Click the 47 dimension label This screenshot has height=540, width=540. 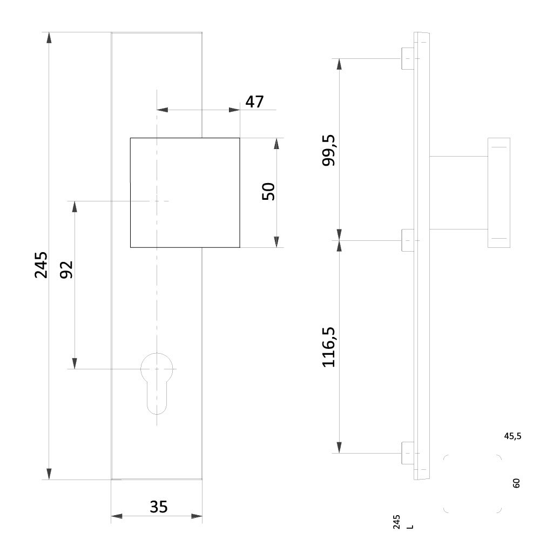click(x=254, y=102)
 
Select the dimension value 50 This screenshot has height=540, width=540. click(x=268, y=192)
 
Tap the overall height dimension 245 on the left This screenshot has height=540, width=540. click(x=41, y=265)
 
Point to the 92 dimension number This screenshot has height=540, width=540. click(x=66, y=269)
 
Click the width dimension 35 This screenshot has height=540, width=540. click(x=158, y=507)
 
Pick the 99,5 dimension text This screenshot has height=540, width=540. click(x=329, y=150)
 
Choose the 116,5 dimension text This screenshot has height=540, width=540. click(x=329, y=347)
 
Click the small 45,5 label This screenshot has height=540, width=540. click(x=512, y=436)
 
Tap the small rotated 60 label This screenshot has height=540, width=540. click(x=516, y=483)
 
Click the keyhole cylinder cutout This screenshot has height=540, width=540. click(x=157, y=381)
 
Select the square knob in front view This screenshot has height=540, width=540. click(x=185, y=192)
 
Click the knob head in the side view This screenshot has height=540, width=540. click(x=498, y=192)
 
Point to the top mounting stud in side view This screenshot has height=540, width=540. click(x=408, y=58)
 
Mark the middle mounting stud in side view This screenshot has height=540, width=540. click(x=408, y=240)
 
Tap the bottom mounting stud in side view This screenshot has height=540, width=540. click(x=408, y=453)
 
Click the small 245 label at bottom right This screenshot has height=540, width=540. click(x=397, y=522)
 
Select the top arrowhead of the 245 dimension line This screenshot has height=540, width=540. click(x=49, y=38)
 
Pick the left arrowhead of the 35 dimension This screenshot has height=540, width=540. click(x=116, y=516)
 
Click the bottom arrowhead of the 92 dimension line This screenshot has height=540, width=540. click(x=75, y=363)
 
